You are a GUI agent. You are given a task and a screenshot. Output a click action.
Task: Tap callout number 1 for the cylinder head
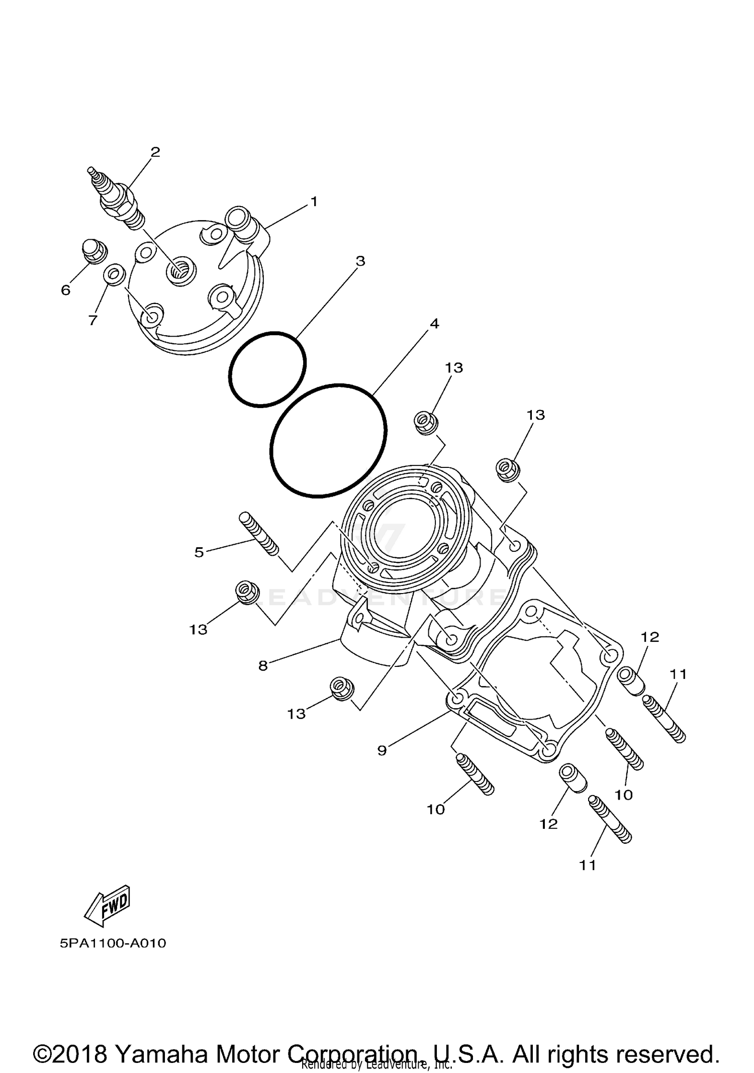[x=314, y=202]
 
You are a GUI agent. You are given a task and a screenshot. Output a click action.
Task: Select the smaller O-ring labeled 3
[x=267, y=369]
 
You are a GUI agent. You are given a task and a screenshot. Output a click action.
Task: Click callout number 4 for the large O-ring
[x=434, y=324]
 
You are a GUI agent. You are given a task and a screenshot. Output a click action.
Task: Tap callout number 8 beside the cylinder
[x=263, y=666]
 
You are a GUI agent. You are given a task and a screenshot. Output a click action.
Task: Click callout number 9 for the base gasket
[x=382, y=751]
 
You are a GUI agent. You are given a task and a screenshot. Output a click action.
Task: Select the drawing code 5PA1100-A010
[x=113, y=943]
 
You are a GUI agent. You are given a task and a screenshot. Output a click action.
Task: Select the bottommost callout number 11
[x=588, y=865]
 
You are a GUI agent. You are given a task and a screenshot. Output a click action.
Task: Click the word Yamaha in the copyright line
[x=161, y=1040]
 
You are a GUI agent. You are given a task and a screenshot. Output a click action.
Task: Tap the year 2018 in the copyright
[x=81, y=1040]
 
